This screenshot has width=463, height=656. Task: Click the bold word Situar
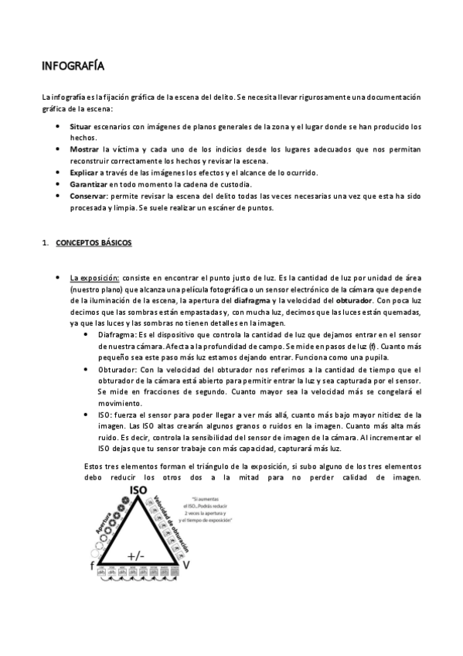80,126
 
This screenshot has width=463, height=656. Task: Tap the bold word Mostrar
84,148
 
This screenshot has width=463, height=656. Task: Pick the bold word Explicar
83,172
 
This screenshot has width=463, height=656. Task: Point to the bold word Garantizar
88,185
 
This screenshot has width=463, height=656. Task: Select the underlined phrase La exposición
94,277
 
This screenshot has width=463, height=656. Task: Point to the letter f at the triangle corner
92,566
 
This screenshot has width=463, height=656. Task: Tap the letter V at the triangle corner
186,566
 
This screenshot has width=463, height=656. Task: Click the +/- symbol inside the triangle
136,555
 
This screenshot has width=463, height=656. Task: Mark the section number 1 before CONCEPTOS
45,244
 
